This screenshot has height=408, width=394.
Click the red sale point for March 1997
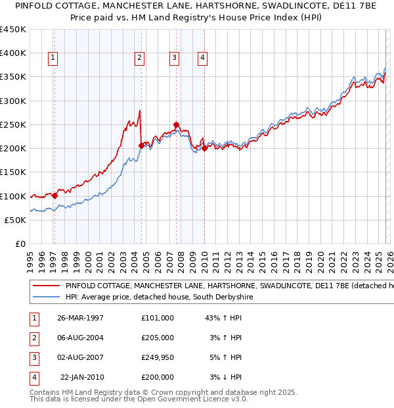click(55, 195)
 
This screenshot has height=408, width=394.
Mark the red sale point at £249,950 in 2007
click(176, 124)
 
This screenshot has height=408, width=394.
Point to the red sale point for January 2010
click(204, 148)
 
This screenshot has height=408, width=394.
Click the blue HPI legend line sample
click(46, 297)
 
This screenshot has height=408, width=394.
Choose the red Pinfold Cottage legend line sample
click(46, 286)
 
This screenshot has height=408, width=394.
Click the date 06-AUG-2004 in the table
click(81, 338)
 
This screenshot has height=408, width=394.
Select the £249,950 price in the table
click(158, 357)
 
